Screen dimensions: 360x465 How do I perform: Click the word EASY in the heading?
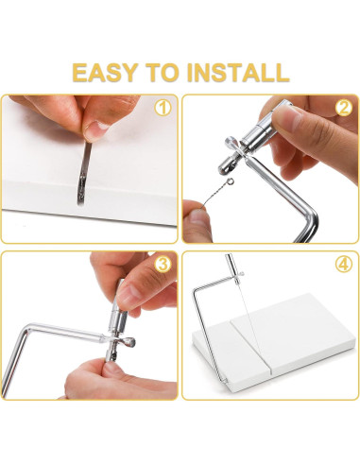(105, 73)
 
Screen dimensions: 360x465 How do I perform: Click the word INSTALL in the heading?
(238, 73)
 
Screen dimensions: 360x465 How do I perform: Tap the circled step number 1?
(163, 108)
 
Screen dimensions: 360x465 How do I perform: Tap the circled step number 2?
(344, 108)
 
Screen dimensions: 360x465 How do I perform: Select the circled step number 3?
(163, 265)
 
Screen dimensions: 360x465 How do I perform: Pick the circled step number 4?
(344, 265)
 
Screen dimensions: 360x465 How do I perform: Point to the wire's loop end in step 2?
(231, 181)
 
